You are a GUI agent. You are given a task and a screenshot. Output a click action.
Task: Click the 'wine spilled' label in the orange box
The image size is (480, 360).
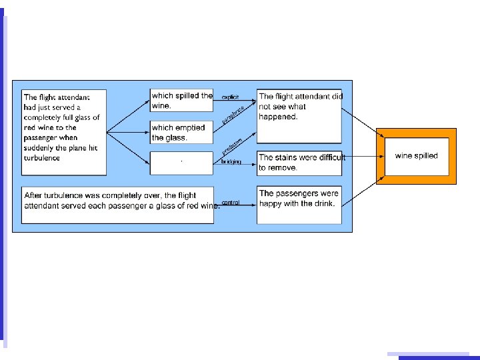point(416,156)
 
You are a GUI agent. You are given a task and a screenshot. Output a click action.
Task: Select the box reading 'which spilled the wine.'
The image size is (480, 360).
point(181,101)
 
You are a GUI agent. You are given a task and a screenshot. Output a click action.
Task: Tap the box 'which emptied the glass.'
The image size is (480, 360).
point(181,133)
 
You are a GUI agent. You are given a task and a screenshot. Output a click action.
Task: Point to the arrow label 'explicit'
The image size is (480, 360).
point(231,97)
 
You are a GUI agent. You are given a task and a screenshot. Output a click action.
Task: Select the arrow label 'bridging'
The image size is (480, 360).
point(231,162)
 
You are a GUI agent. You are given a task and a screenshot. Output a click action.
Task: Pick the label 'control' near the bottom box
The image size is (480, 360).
point(231,203)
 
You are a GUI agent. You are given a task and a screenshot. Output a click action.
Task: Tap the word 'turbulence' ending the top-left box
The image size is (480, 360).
point(43,158)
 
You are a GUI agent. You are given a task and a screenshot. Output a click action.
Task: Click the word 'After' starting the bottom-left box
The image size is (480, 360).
point(34,195)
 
